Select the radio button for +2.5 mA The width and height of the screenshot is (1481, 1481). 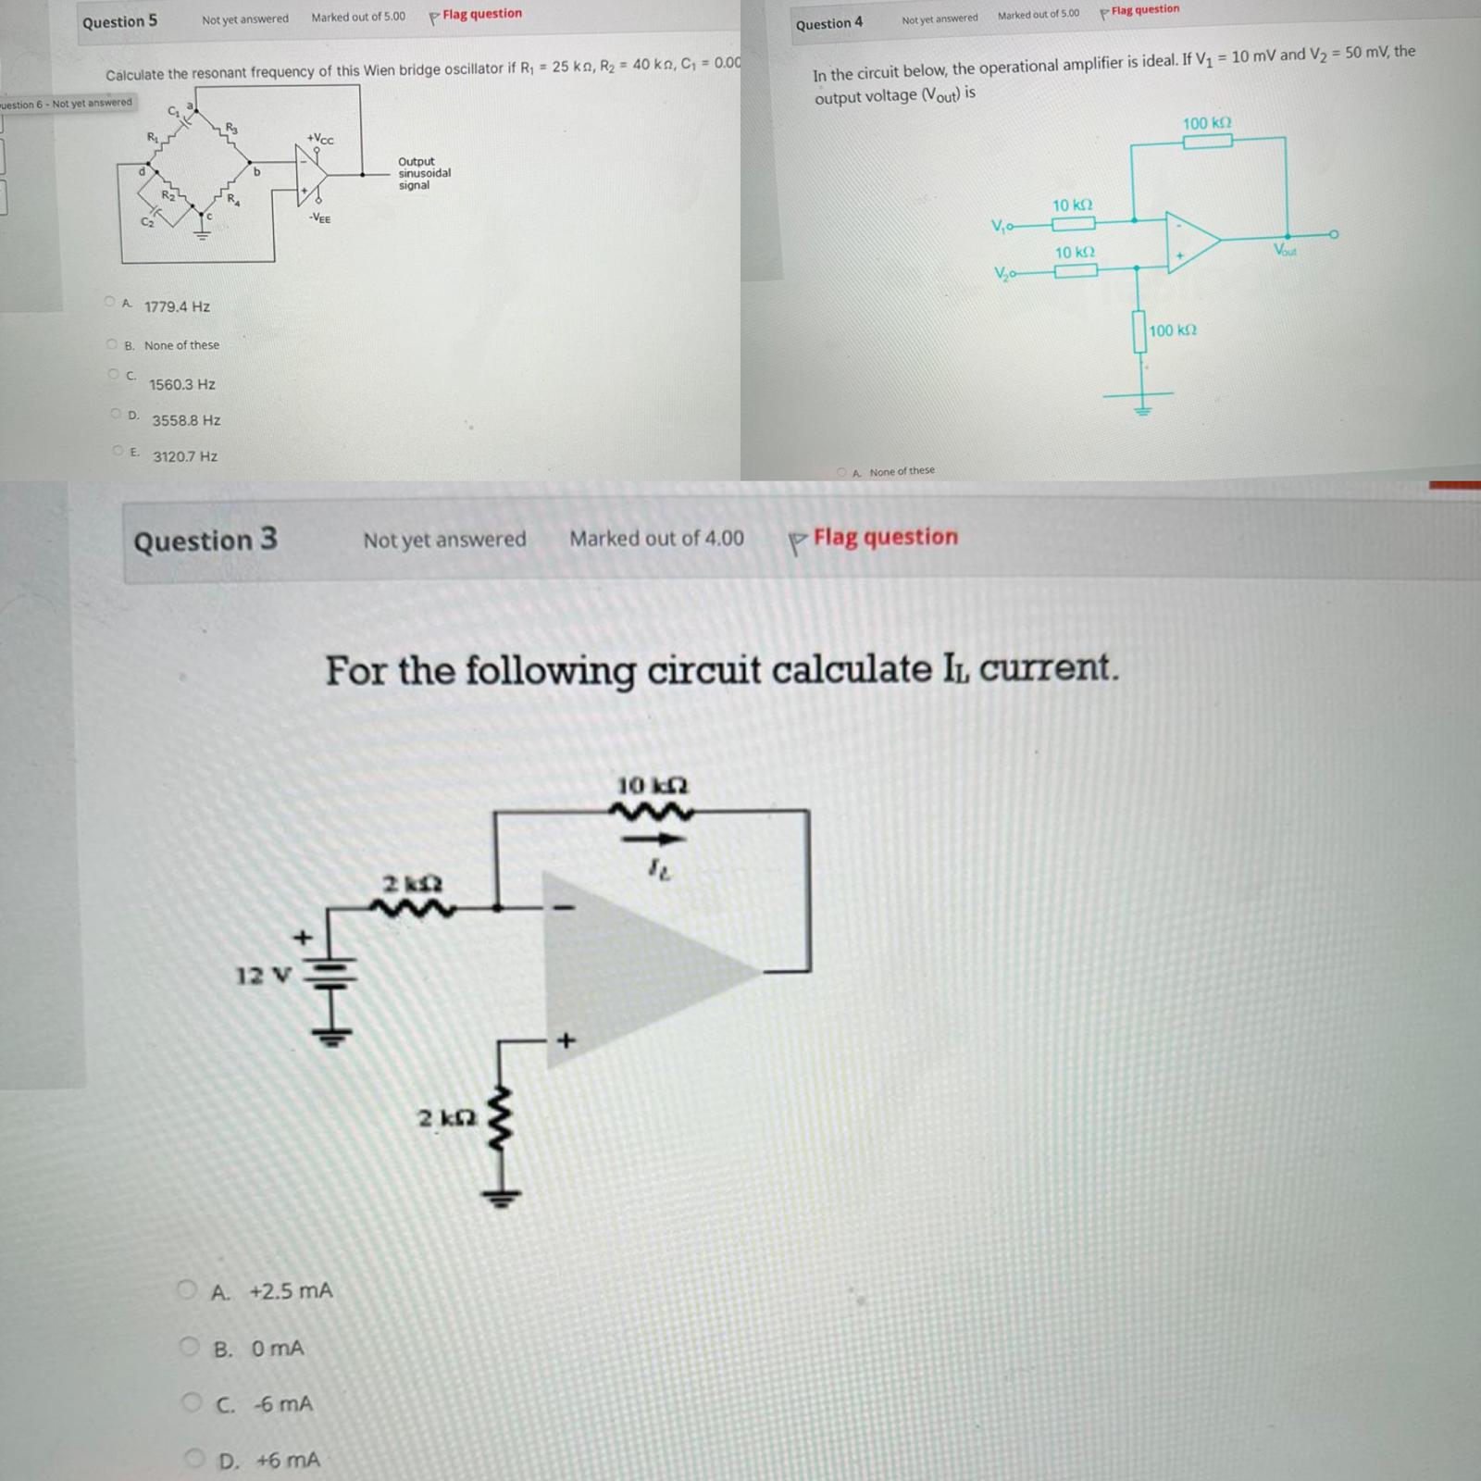[x=188, y=1289]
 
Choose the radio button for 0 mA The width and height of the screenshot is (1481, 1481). [x=190, y=1347]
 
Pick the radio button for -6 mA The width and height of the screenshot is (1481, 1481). [x=193, y=1402]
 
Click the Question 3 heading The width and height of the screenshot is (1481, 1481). [x=205, y=540]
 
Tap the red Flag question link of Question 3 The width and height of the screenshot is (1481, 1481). [x=884, y=537]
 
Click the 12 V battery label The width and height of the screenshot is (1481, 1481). [x=263, y=976]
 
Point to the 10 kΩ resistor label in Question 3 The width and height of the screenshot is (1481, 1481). [x=653, y=786]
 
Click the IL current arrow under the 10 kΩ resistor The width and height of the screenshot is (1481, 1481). [x=653, y=840]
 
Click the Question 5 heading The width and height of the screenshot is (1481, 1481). [x=119, y=21]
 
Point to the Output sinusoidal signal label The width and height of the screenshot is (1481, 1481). [x=424, y=173]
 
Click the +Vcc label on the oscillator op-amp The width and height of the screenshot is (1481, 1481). [x=320, y=139]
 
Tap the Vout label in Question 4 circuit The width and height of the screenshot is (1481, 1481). [x=1285, y=250]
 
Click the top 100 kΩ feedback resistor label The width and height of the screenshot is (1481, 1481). [x=1206, y=123]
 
